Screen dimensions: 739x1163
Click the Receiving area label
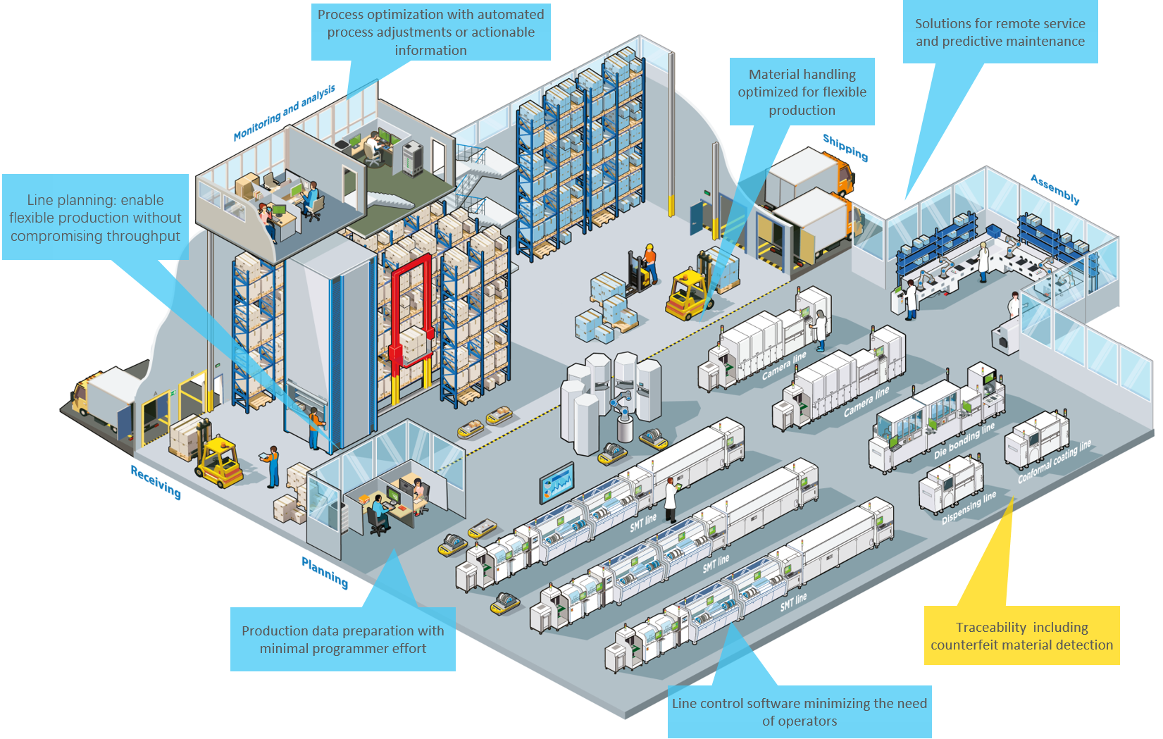coord(156,482)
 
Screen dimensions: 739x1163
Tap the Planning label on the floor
coord(325,572)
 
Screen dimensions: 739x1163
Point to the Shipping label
coord(845,147)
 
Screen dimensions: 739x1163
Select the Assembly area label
coord(1055,189)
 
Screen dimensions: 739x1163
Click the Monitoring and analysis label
coord(285,113)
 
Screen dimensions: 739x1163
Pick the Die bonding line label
coord(964,441)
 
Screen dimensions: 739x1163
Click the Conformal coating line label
coord(1054,461)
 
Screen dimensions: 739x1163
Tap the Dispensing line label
coord(969,508)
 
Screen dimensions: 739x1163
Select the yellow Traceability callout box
coord(1021,635)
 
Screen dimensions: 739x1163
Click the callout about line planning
coord(95,218)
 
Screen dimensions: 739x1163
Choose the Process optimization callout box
coord(430,32)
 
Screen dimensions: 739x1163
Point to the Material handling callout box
coord(802,92)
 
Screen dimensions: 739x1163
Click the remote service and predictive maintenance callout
coord(1000,32)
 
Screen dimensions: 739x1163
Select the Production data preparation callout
coord(342,639)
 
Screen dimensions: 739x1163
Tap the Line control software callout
coord(799,712)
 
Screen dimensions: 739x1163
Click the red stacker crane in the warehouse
coord(411,310)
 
